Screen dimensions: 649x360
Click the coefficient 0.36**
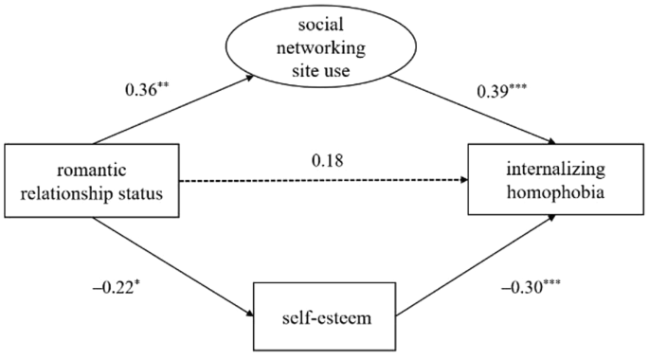point(147,90)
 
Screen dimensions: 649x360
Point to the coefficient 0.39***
point(501,91)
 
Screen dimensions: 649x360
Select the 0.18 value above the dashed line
point(328,160)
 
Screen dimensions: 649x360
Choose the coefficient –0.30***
point(531,286)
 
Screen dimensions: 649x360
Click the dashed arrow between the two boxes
point(324,180)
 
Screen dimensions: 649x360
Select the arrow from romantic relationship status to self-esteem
point(172,267)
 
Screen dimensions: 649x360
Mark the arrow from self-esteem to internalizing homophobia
point(476,265)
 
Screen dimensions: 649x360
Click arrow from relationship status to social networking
point(173,109)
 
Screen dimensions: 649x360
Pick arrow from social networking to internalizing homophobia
point(473,111)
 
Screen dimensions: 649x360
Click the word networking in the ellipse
point(321,48)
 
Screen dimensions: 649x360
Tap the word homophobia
point(555,192)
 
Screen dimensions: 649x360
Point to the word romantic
point(92,170)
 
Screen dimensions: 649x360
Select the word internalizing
point(556,170)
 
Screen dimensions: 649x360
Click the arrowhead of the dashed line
point(464,180)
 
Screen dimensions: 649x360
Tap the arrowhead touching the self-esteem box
point(249,314)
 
